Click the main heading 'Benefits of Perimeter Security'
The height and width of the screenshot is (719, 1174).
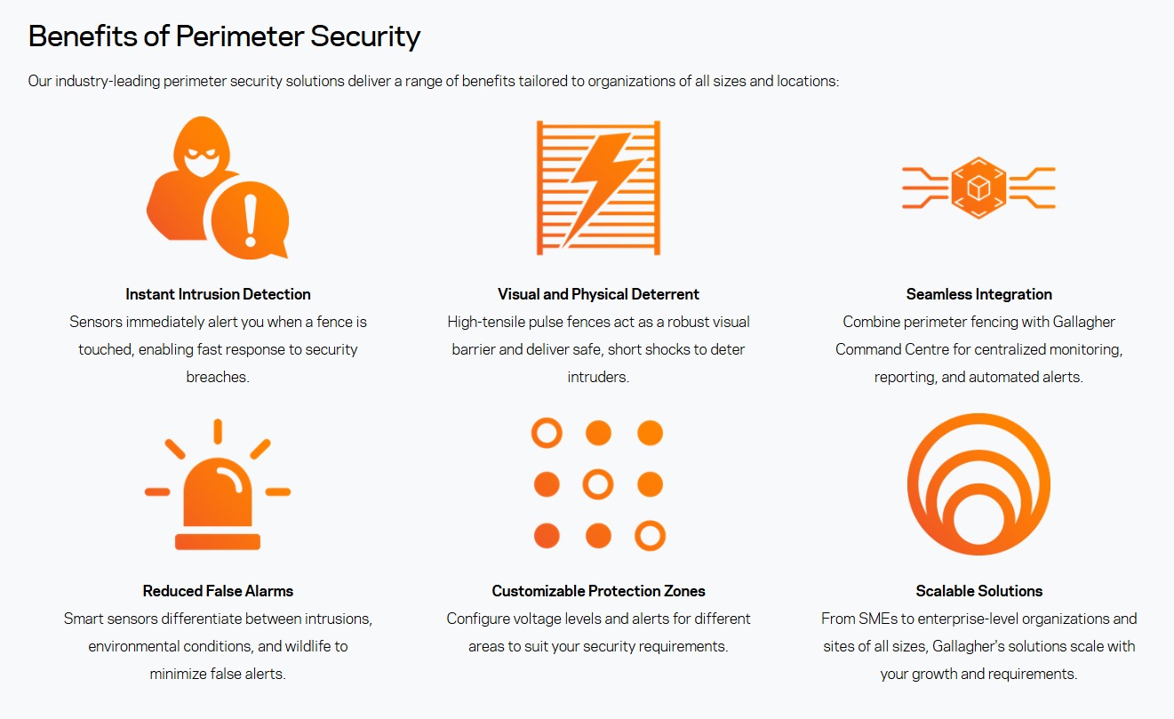(x=224, y=36)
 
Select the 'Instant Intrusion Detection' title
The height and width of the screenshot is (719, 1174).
(x=218, y=294)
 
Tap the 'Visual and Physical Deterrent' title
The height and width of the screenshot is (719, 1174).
(x=598, y=294)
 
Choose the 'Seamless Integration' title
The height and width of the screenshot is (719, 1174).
(x=979, y=294)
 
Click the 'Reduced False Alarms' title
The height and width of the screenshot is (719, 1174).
(x=218, y=591)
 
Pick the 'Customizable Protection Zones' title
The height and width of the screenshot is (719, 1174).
(x=598, y=591)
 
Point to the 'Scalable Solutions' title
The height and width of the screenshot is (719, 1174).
(x=979, y=591)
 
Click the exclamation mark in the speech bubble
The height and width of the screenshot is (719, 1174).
(x=251, y=220)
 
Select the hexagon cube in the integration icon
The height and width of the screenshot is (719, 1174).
(x=978, y=188)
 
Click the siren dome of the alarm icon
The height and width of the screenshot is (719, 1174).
(x=218, y=491)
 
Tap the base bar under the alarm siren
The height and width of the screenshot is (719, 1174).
(x=218, y=542)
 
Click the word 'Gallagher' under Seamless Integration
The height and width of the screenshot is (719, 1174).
(x=1084, y=322)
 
